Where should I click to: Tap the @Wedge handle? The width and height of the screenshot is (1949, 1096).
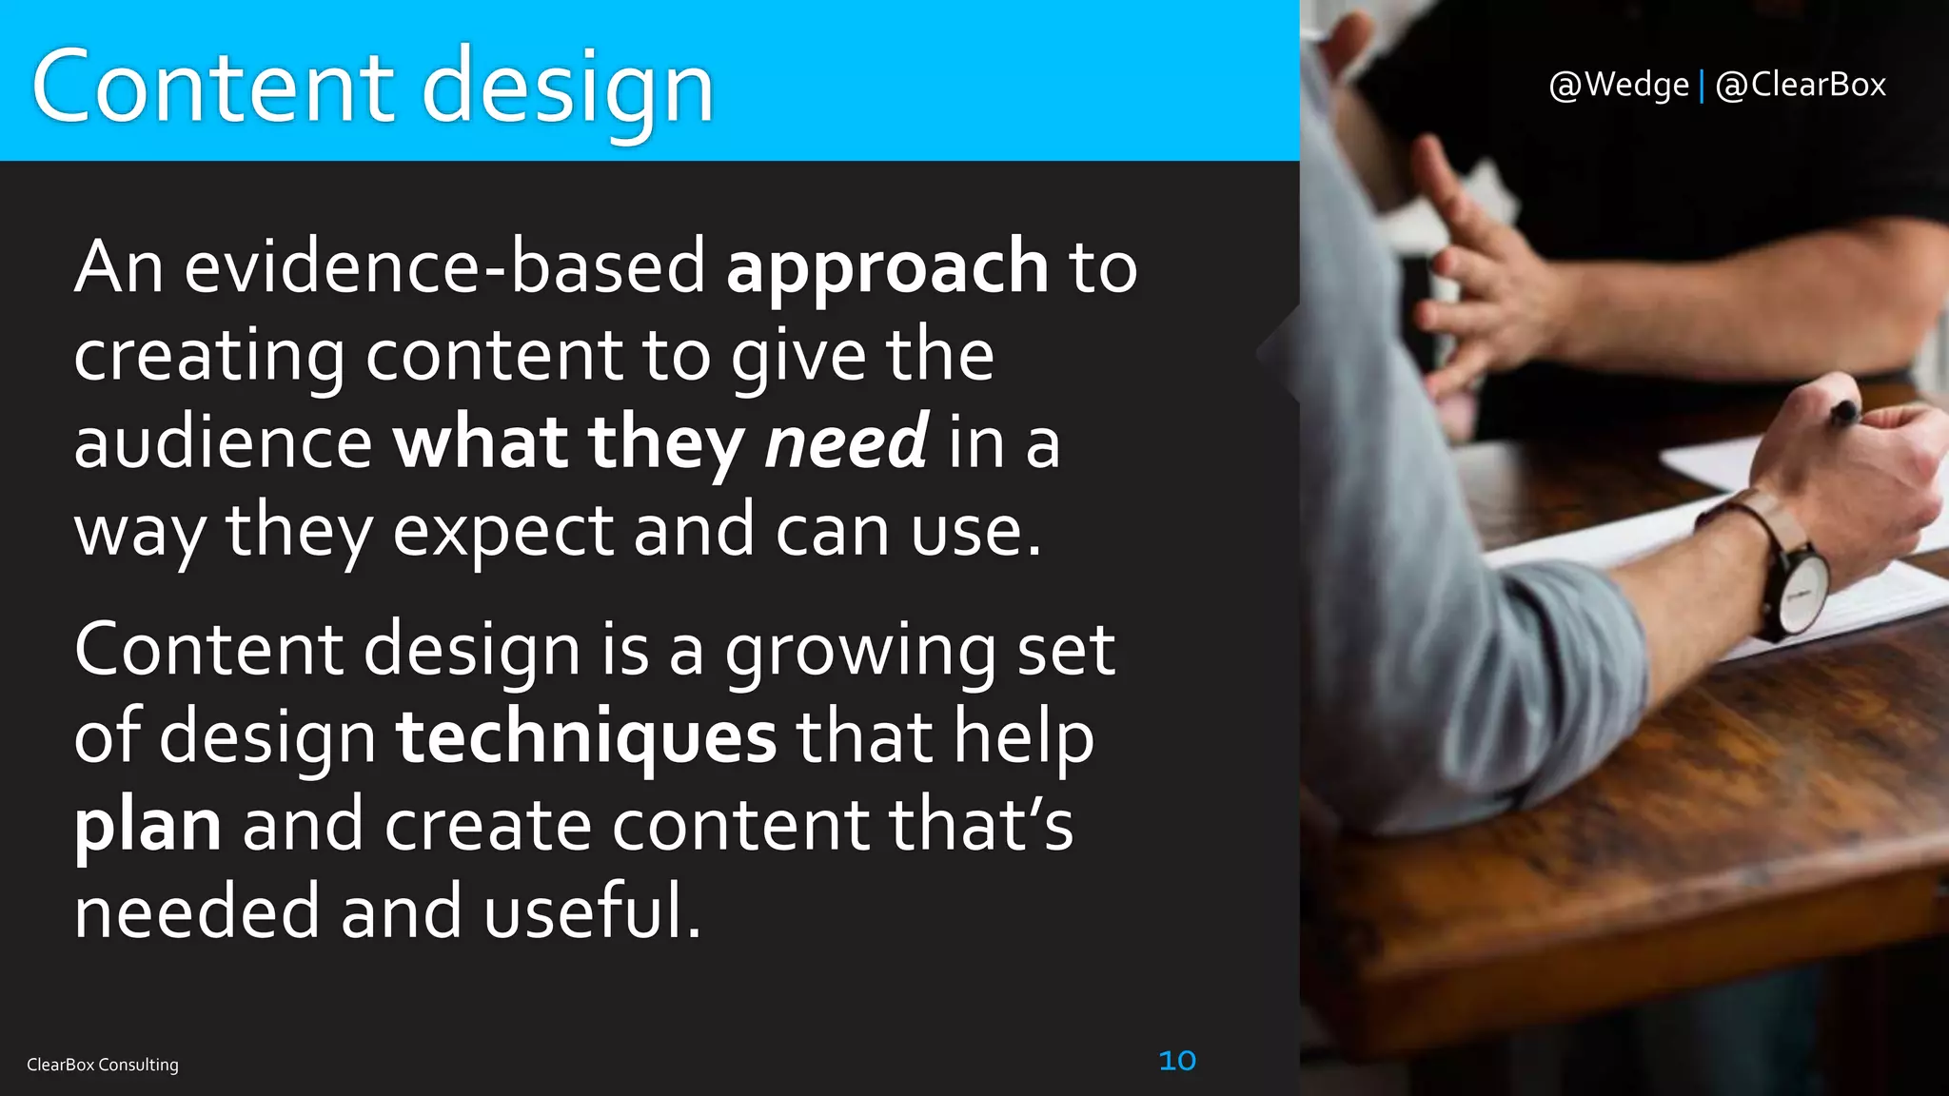(x=1619, y=85)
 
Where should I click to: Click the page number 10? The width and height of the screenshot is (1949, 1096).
(x=1177, y=1060)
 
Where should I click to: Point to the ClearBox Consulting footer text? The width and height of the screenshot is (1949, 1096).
(x=103, y=1065)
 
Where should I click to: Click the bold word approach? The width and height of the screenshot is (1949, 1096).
(x=887, y=268)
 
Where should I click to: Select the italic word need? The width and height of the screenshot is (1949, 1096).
(x=846, y=442)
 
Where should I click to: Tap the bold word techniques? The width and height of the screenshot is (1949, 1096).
(x=586, y=737)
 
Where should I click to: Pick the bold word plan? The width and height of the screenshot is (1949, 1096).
(x=148, y=826)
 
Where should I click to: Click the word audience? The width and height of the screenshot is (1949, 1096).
(x=224, y=443)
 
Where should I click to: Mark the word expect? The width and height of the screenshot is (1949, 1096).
(x=503, y=531)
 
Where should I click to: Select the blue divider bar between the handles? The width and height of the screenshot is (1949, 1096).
(x=1702, y=86)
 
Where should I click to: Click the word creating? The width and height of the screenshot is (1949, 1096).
(x=209, y=356)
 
